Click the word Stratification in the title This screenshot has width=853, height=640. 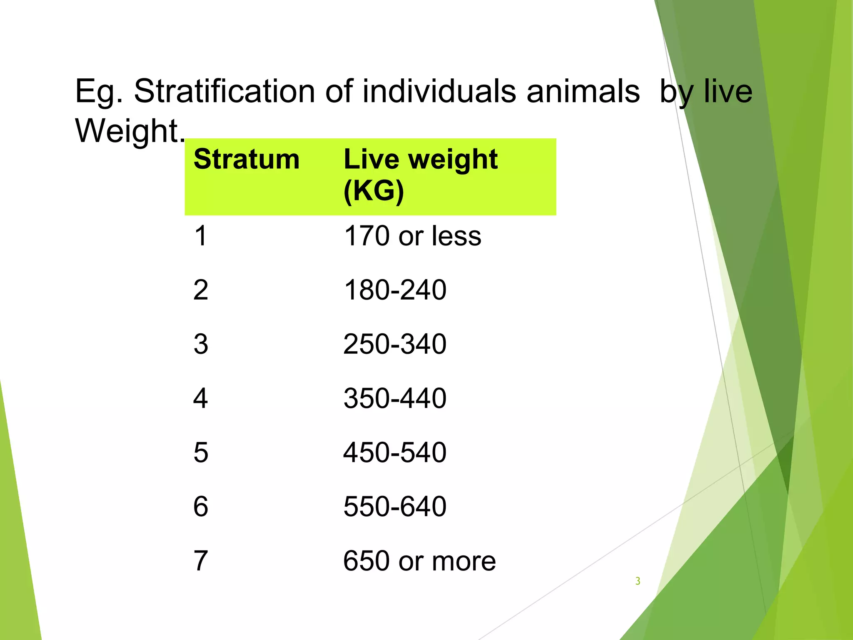coord(224,91)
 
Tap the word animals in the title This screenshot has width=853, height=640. coord(583,91)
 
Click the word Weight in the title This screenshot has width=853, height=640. coord(127,130)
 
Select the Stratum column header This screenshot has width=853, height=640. coord(247,160)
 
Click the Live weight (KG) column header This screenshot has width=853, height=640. coord(420,175)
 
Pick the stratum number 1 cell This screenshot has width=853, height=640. coord(200,236)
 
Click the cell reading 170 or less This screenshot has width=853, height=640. coord(412,236)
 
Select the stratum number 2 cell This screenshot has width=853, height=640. coord(200,290)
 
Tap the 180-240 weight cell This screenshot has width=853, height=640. coord(395,290)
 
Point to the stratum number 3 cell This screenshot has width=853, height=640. coord(200,344)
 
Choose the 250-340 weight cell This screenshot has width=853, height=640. coord(395,344)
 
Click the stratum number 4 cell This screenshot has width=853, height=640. coord(200,398)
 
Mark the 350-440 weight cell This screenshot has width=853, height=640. coord(395,398)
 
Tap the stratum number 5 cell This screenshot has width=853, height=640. coord(200,452)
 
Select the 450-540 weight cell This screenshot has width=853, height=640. coord(395,452)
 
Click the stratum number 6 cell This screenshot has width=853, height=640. coord(200,507)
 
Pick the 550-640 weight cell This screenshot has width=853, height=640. coord(395,507)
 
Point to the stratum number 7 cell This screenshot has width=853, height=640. coord(200,561)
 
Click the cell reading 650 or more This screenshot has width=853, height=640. coord(419,561)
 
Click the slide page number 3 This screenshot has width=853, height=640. coord(638,581)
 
